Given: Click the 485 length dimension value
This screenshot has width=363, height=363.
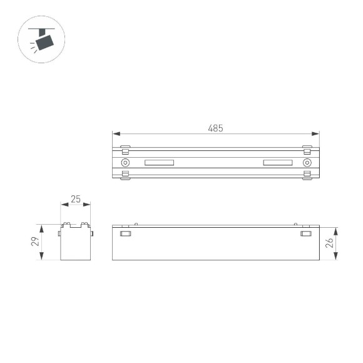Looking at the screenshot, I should (215, 128).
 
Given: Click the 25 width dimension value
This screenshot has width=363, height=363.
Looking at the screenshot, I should (76, 199).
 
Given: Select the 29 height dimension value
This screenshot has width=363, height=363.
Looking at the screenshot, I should (36, 241).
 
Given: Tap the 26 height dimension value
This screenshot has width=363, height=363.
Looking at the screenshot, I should (330, 243).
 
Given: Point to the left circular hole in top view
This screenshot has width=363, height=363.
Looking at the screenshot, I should (125, 163).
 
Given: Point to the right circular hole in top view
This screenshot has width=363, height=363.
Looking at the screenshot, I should (307, 163).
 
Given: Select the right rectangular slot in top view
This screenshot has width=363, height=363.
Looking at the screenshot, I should (277, 163).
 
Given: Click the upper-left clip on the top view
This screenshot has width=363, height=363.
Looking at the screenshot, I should (125, 150).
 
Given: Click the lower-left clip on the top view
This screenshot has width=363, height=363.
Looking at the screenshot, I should (125, 175).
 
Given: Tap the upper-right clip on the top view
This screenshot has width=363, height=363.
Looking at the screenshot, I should (307, 150).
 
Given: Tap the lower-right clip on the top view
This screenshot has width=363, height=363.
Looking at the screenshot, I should (307, 175).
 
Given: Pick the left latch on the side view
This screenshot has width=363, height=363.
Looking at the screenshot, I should (125, 234).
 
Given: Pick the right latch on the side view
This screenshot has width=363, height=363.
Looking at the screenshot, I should (306, 234).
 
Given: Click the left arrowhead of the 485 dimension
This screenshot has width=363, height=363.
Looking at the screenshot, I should (115, 133).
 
